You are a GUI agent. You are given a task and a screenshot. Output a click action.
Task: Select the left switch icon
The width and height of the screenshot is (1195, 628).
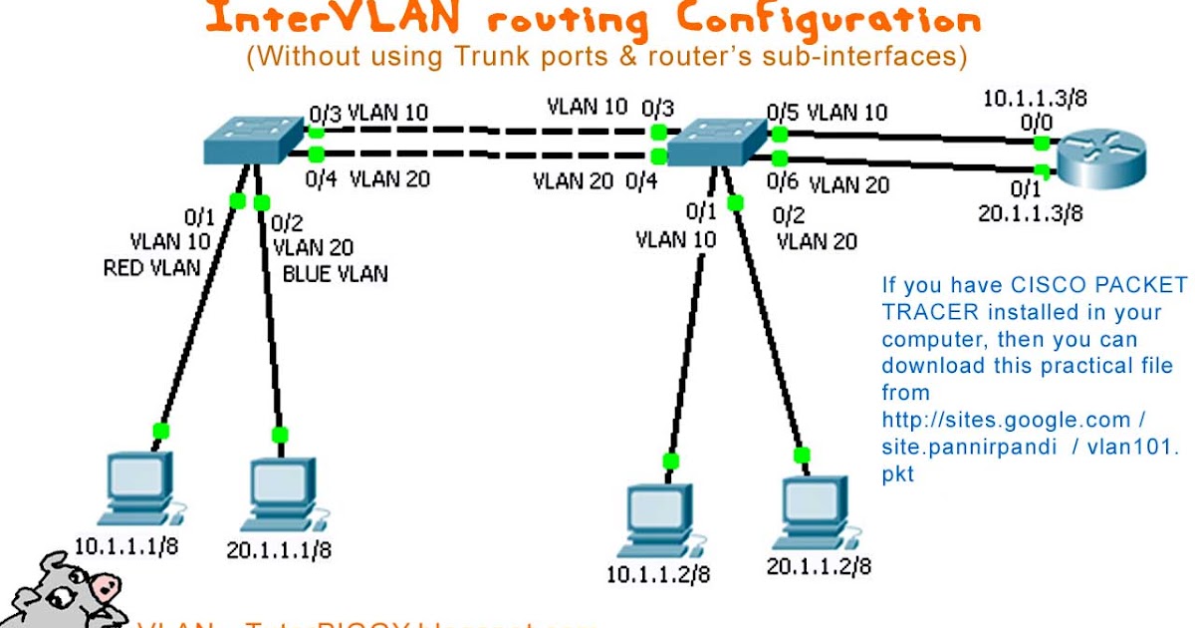point(253,140)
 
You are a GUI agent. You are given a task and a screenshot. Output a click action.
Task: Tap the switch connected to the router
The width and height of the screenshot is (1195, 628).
point(716,142)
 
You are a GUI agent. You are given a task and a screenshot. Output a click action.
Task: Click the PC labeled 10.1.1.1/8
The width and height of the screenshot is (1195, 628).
point(138,489)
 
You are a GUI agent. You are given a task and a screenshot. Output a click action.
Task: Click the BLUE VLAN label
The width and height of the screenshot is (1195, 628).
point(335,273)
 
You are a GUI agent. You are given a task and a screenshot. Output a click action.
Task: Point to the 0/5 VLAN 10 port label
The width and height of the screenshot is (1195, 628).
point(827,112)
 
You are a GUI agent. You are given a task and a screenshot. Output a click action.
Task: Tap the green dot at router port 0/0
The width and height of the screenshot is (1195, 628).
point(1041,142)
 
